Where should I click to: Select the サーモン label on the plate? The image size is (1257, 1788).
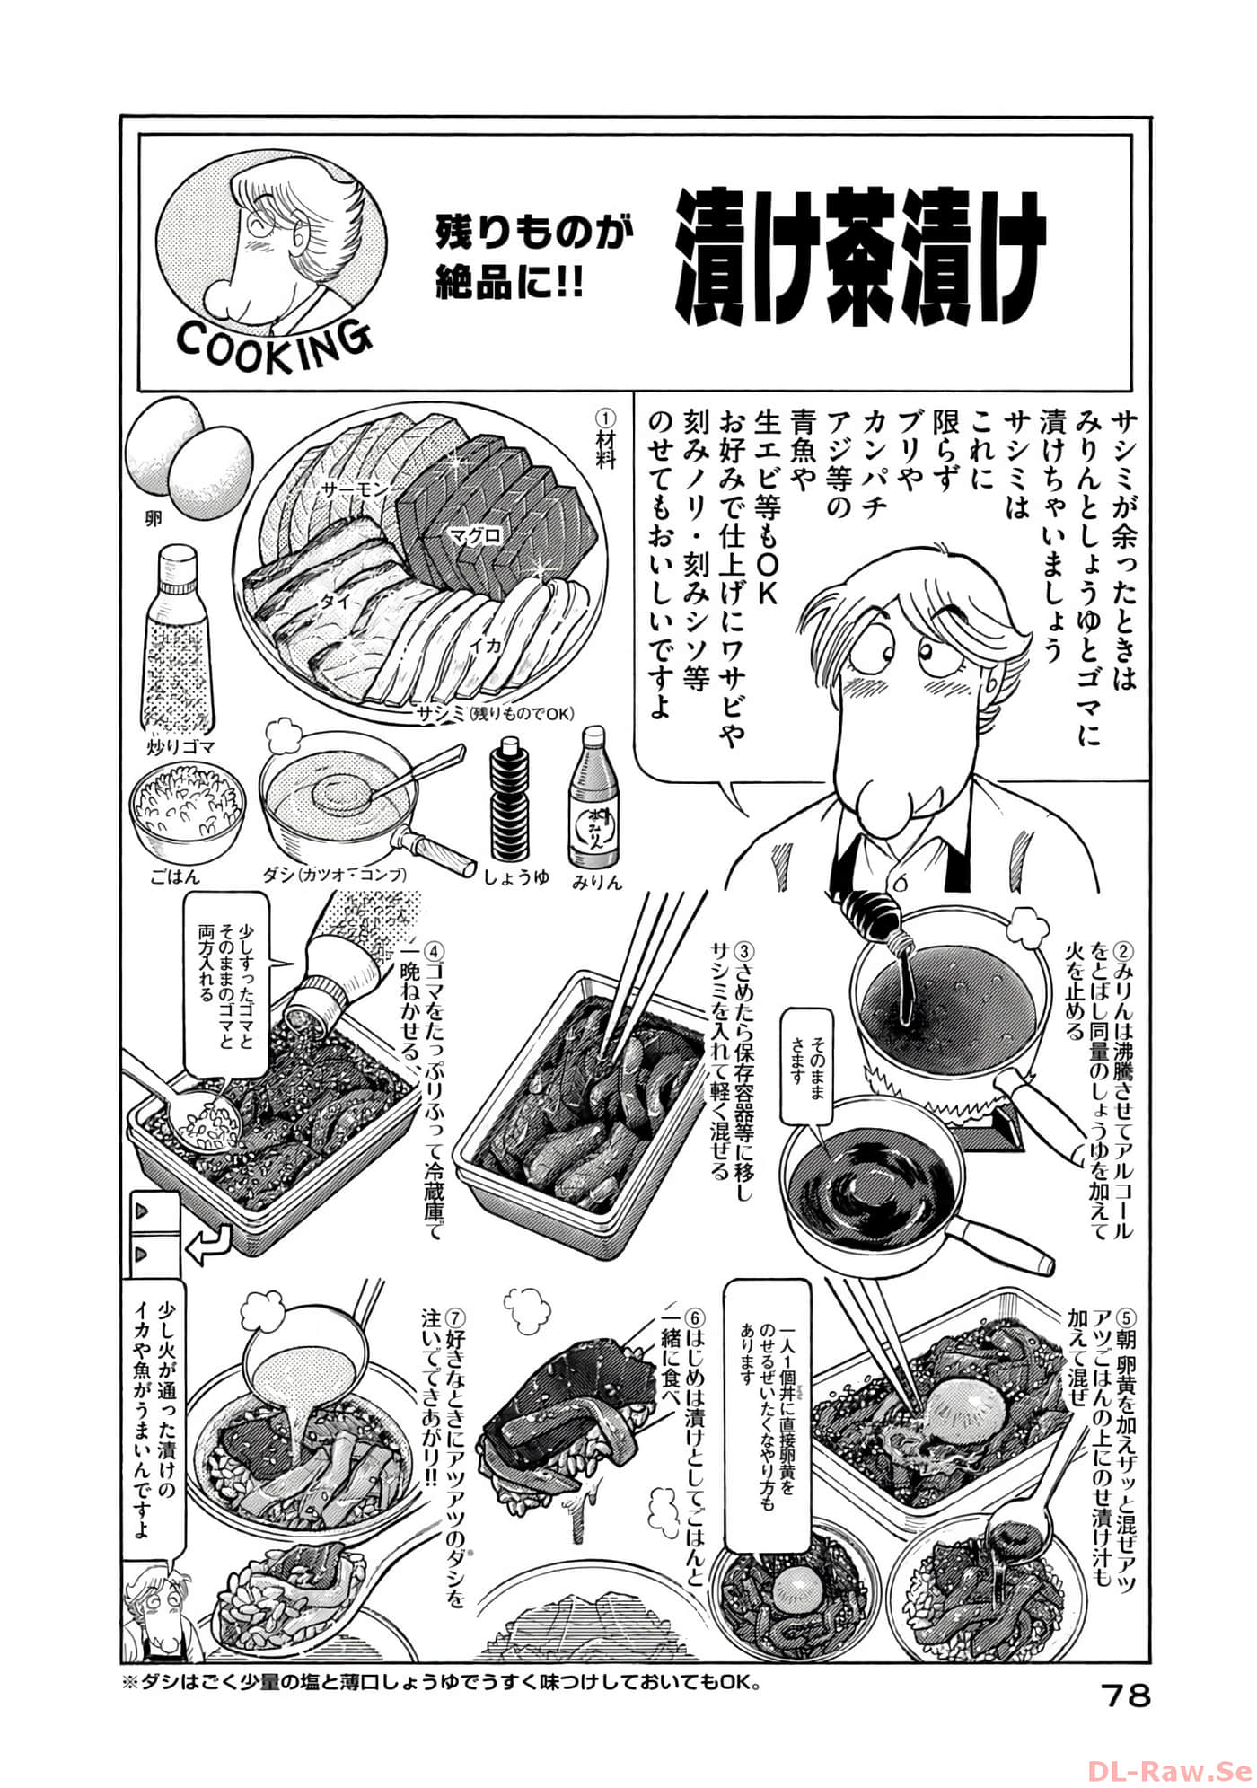pos(353,489)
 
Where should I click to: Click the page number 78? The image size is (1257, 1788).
pos(1125,1696)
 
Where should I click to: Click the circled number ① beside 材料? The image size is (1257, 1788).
pos(607,420)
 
